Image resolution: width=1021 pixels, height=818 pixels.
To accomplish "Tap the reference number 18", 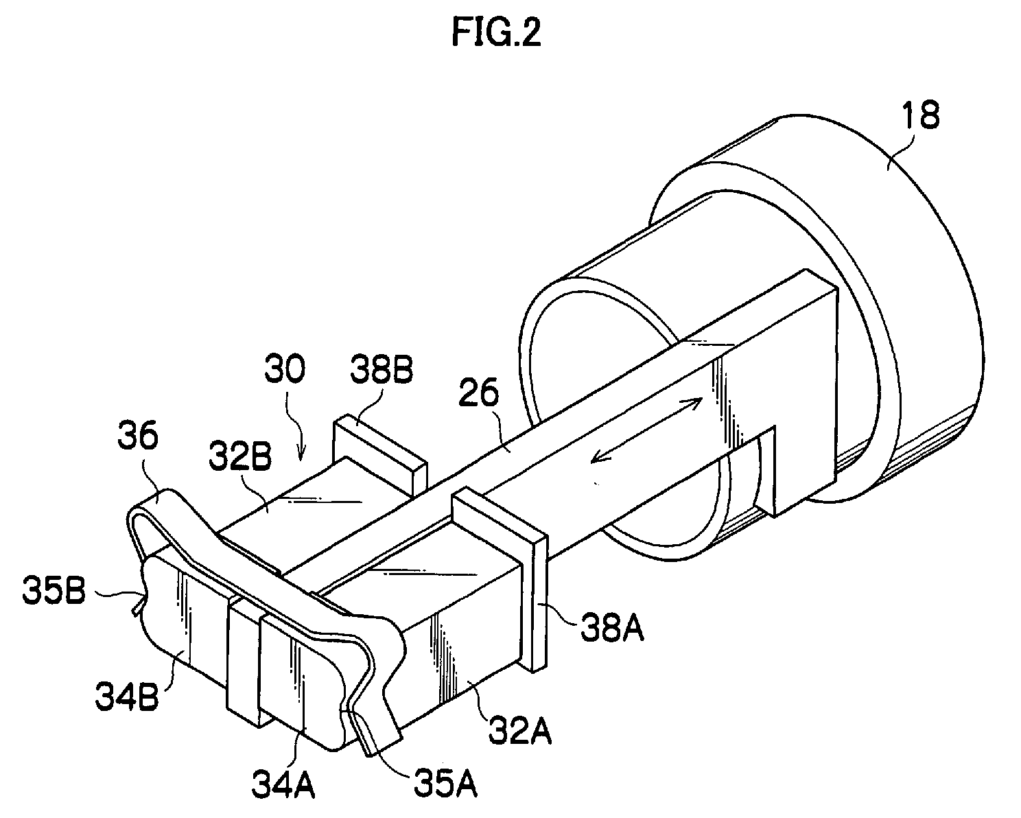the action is pos(920,115).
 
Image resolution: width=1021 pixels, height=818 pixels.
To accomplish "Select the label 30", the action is pos(285,370).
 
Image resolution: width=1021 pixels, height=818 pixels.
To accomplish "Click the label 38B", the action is pos(382,370).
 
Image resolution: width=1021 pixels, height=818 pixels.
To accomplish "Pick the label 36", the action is pos(138,436).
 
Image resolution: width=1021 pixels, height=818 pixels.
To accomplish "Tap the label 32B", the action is pos(241,456).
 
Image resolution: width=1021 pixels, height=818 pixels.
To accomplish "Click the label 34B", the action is pos(127,697).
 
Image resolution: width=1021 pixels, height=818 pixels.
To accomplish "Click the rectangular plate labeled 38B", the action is pos(379,453).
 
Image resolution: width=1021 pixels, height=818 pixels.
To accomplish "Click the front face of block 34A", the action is pos(304,683).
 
